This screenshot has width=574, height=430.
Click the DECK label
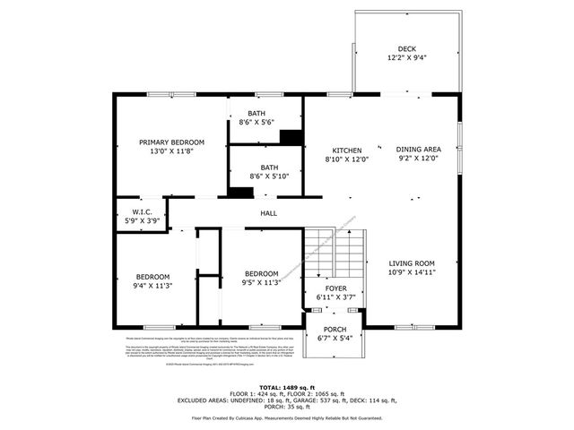406,49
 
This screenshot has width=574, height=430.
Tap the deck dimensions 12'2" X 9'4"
406,58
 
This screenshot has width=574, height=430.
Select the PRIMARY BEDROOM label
171,142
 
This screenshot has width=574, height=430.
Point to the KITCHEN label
346,150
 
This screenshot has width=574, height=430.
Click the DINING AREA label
418,150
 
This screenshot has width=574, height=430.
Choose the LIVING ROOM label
412,262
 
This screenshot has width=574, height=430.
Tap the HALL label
268,213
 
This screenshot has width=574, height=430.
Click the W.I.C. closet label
141,212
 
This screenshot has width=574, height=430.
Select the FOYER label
336,288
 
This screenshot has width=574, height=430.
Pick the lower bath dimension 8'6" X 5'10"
269,176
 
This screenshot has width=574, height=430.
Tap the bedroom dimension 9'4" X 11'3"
153,285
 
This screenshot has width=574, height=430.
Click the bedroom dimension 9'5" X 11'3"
261,283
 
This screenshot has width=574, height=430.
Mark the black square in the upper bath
291,137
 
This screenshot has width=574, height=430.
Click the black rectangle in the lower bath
239,190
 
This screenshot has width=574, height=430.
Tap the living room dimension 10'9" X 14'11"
412,271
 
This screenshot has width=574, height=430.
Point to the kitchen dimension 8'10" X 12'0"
346,159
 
